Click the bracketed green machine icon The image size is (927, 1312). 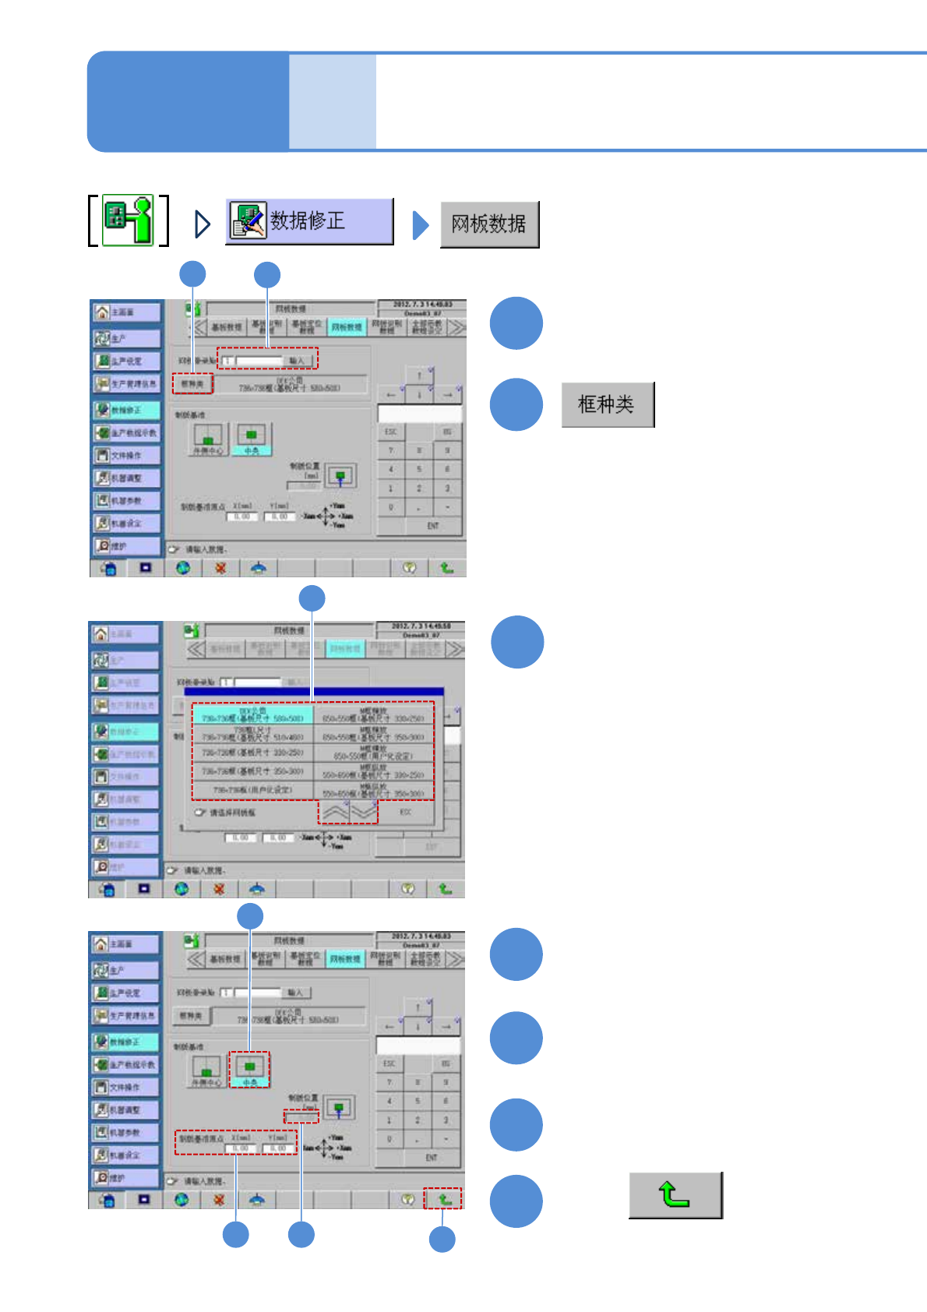[129, 220]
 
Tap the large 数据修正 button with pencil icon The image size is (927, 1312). [309, 221]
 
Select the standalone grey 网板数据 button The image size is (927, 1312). [488, 224]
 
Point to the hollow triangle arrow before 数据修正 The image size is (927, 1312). [202, 224]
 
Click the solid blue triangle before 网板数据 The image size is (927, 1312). [421, 225]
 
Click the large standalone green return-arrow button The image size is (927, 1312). [675, 1194]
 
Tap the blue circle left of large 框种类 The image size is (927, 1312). [516, 404]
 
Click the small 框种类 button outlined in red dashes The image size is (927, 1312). [192, 383]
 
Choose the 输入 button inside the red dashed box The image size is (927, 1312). [297, 360]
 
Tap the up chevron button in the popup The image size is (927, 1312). [334, 811]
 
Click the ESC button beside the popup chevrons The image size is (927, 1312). [405, 812]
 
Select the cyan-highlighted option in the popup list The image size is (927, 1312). [252, 714]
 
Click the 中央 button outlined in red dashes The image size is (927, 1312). [249, 1069]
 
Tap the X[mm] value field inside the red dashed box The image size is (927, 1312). [241, 1148]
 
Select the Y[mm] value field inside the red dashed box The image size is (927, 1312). [277, 1148]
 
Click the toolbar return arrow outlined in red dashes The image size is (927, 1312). [443, 1199]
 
